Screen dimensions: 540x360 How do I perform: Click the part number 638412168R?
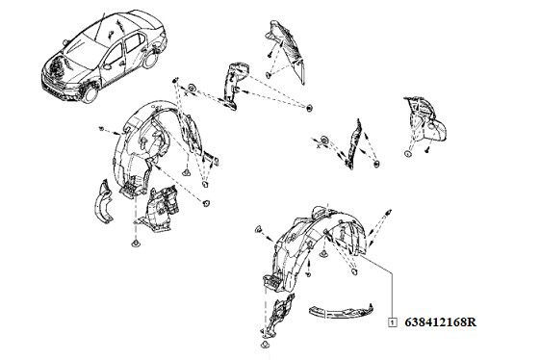coord(441,322)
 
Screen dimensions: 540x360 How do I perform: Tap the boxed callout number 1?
coord(393,322)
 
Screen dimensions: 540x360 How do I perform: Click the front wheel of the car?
coord(90,94)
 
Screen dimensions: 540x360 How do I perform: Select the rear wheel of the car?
coord(151,59)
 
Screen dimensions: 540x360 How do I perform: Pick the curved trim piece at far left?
coord(102,201)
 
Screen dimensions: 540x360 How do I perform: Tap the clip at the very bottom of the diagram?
coord(265,345)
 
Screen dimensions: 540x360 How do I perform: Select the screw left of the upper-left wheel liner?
coord(101,128)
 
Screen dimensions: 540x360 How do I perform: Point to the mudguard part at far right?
coord(425,120)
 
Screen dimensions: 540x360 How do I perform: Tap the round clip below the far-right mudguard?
coord(407,154)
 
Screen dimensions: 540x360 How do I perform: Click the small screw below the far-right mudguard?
coord(427,150)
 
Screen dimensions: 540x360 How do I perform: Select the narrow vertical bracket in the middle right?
coord(353,143)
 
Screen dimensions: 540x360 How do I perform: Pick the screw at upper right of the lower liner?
coord(388,212)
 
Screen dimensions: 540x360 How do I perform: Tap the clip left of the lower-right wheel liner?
coord(258,228)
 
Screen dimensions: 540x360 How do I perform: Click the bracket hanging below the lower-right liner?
coord(277,315)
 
